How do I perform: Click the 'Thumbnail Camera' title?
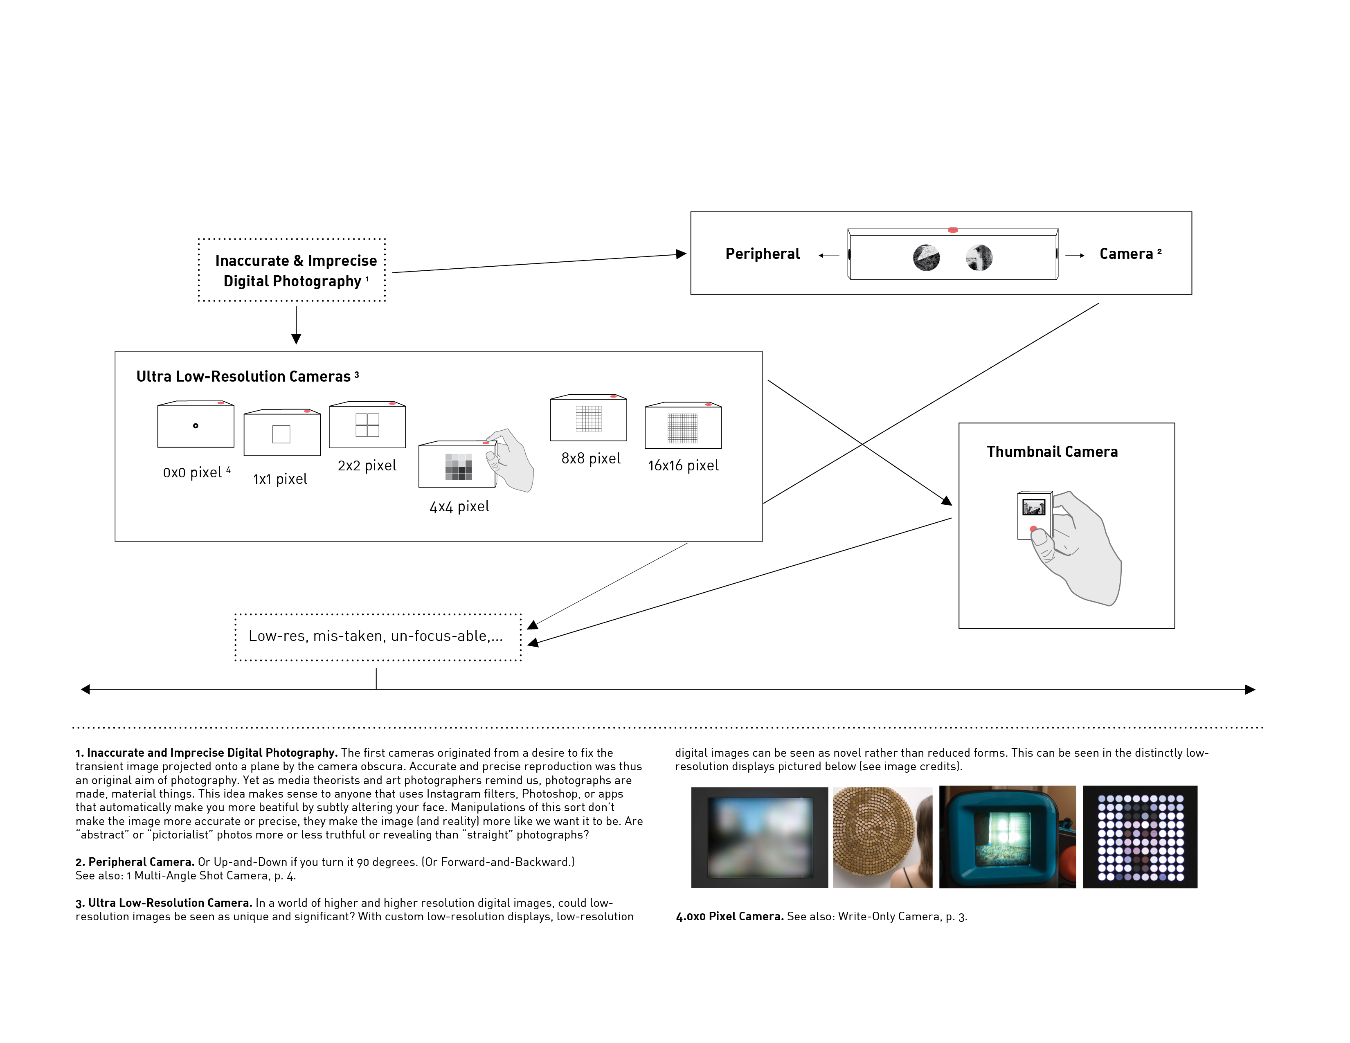(1052, 452)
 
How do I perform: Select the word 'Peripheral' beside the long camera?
(762, 254)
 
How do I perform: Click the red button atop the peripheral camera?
(952, 230)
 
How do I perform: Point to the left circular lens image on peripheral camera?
(926, 258)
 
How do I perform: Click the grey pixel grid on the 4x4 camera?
(459, 467)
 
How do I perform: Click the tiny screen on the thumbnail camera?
(1033, 507)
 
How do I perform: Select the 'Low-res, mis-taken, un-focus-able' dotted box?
(378, 637)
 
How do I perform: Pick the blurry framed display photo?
(759, 837)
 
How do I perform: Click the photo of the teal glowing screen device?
(1007, 837)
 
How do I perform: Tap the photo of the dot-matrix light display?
(1140, 837)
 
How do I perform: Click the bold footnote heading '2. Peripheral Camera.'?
(135, 862)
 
